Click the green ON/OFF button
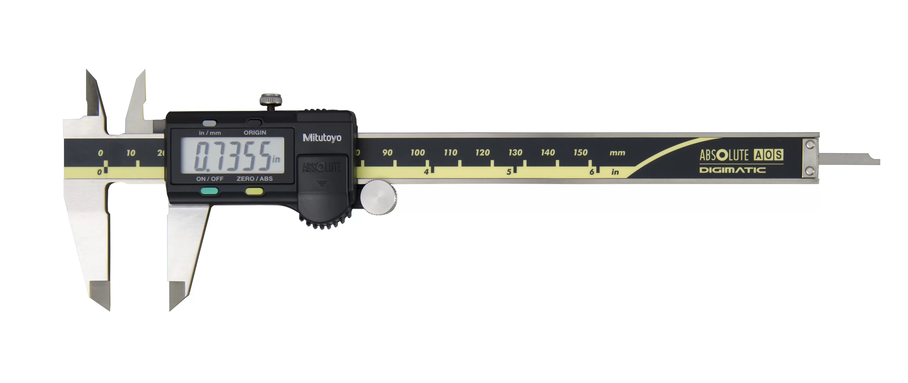(x=209, y=192)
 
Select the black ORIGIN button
(x=254, y=123)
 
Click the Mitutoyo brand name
(x=322, y=138)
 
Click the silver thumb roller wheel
(x=379, y=197)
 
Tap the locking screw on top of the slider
(x=270, y=100)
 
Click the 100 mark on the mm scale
(x=417, y=153)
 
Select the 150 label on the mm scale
(x=580, y=153)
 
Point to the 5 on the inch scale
(x=509, y=172)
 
